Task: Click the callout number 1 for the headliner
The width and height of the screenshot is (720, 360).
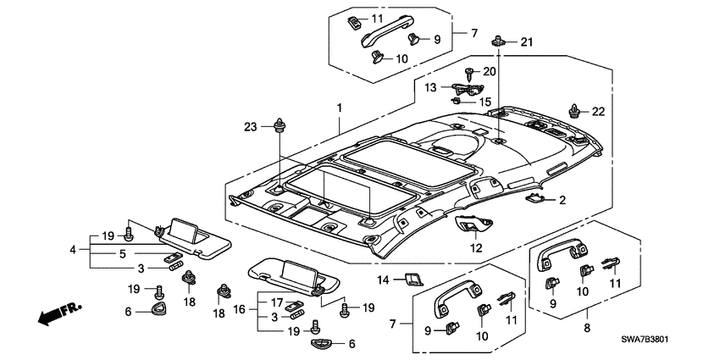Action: coord(340,108)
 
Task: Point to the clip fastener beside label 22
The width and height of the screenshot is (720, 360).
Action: coord(577,109)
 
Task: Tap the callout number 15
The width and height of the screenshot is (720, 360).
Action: coord(485,102)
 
